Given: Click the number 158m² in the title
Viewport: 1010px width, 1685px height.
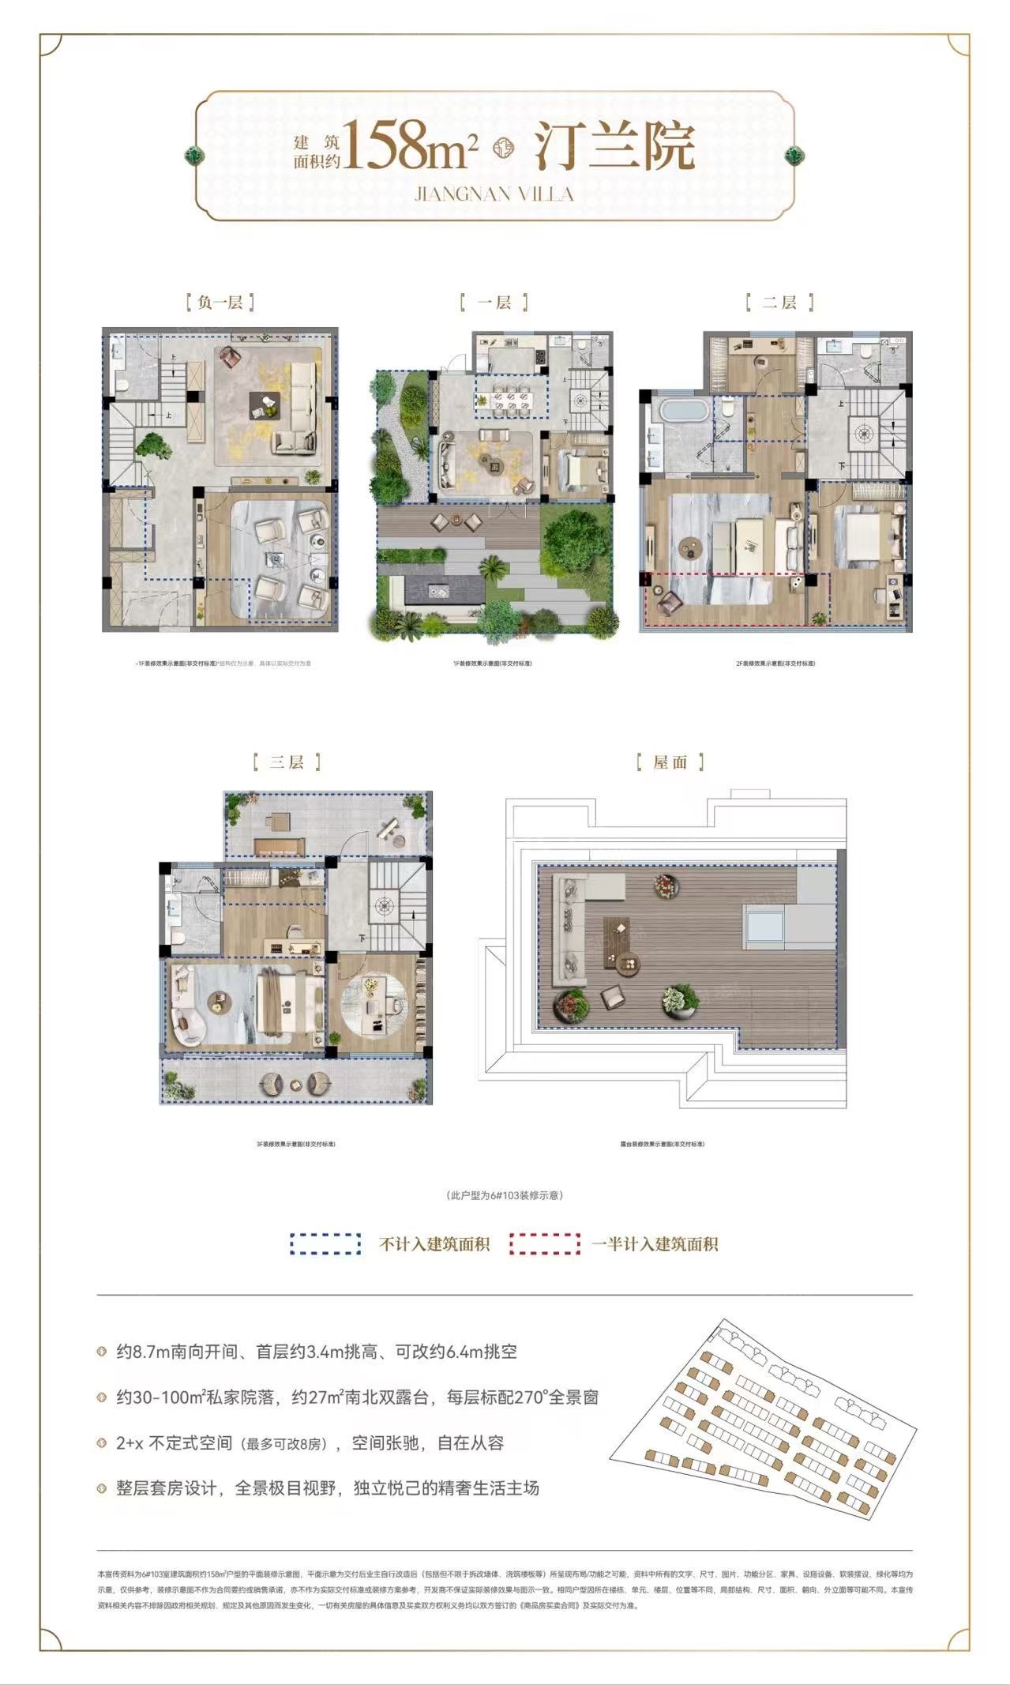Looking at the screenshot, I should [410, 147].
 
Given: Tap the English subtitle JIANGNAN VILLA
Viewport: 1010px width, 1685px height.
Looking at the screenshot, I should [494, 194].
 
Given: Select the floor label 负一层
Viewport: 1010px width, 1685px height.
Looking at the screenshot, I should [220, 302].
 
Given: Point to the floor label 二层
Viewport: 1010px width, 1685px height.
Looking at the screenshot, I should [779, 302].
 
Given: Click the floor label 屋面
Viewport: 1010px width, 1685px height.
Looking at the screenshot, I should [670, 762].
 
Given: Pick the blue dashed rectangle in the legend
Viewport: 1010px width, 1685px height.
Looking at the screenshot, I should [325, 1244].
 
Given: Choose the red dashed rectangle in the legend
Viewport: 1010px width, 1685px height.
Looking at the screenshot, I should [545, 1244].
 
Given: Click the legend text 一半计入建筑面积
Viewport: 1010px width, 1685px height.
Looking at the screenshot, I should [655, 1244].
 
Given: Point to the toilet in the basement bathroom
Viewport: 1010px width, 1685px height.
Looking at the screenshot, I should [122, 385].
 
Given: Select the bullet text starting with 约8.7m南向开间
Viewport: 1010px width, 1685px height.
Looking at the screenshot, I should [317, 1352].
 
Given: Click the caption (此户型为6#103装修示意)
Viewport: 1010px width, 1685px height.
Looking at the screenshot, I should [505, 1195].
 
